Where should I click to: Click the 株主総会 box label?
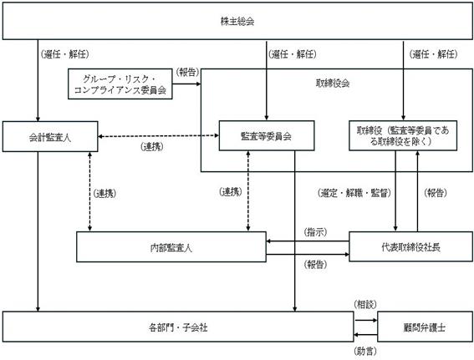coord(237,22)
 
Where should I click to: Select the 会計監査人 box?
coord(50,136)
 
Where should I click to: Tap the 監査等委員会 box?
coord(267,135)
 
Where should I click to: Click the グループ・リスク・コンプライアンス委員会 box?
coord(120,84)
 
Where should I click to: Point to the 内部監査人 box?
coord(171,246)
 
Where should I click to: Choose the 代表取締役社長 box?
coord(410,246)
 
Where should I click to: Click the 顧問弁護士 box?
coord(425,327)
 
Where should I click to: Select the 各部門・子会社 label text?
coord(178,327)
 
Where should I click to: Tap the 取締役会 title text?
coord(333,83)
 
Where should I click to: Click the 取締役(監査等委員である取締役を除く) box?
coord(403,135)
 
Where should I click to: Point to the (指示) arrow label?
coord(315,232)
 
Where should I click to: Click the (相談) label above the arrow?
coord(365,304)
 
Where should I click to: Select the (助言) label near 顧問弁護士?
coord(365,351)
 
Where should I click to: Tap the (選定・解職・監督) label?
coord(354,193)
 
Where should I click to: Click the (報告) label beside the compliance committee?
coord(187,72)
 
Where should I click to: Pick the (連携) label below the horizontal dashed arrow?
coord(152,147)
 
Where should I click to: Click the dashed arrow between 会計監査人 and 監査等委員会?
coord(158,136)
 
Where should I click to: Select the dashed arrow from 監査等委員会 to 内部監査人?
coord(248,191)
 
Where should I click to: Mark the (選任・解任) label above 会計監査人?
coord(64,54)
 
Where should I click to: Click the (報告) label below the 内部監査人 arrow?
coord(315,265)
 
